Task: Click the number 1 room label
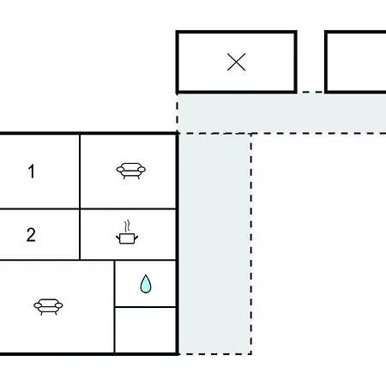click(32, 172)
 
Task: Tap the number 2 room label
click(31, 235)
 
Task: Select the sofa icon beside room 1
click(131, 171)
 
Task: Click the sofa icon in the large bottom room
click(48, 307)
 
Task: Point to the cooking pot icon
click(127, 238)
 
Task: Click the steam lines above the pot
click(128, 226)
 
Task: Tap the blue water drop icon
click(146, 284)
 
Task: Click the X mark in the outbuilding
click(236, 62)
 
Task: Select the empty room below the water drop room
click(145, 330)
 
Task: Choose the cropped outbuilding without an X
click(355, 62)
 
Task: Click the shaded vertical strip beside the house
click(215, 244)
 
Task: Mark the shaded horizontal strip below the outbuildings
click(282, 112)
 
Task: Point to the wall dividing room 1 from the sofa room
click(80, 172)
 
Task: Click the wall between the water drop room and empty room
click(145, 307)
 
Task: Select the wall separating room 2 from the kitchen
click(80, 234)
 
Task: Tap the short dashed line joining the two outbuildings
click(311, 92)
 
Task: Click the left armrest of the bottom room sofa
click(38, 305)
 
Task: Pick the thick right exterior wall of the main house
click(178, 244)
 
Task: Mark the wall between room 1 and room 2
click(39, 209)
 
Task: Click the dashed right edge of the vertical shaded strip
click(251, 244)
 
